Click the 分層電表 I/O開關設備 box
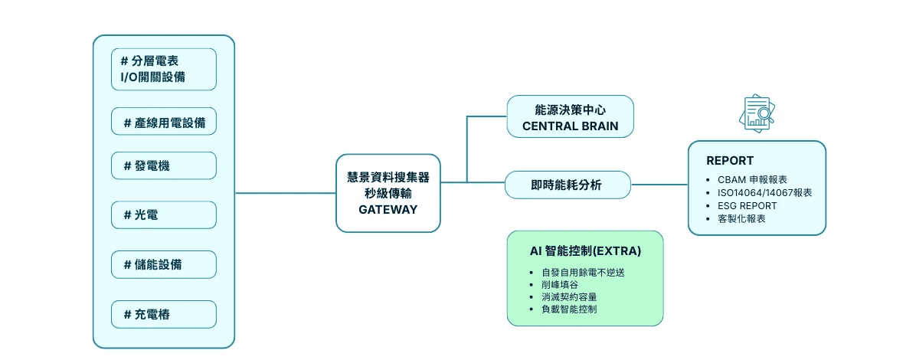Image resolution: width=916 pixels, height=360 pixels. pos(164,69)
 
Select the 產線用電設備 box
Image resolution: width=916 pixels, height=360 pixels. pos(164,122)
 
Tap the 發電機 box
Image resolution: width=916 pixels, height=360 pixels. pos(164,165)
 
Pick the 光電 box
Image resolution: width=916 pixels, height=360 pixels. pos(164,215)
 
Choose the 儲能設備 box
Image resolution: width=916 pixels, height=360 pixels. pos(164,264)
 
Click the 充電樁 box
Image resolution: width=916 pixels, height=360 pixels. pos(164,314)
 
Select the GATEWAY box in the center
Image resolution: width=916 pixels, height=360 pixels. pos(388,193)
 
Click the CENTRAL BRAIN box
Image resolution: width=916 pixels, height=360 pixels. pos(571,116)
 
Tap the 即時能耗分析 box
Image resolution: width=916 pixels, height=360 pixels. pos(567,185)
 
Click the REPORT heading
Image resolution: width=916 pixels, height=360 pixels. pos(729,161)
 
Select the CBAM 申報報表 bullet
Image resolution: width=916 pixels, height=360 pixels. pos(753,179)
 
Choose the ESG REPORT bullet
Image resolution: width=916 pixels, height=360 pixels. pos(748,205)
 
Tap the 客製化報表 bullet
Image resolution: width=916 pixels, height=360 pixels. pos(741,218)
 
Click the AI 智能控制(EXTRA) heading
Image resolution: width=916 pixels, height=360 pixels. pos(585,250)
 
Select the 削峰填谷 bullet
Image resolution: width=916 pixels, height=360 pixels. pos(561,283)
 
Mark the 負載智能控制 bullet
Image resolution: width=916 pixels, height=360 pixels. pos(568,309)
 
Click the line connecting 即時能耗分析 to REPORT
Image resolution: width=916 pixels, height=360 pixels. pos(659,185)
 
